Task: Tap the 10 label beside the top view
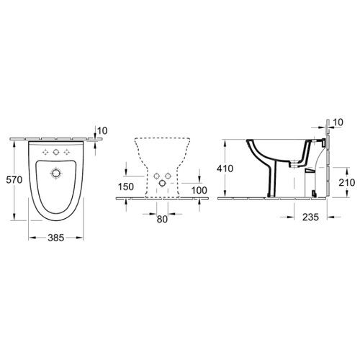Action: coord(102,130)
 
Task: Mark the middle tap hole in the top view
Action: coord(57,152)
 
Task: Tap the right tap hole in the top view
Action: coord(68,152)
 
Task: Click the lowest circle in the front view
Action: coord(162,184)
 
